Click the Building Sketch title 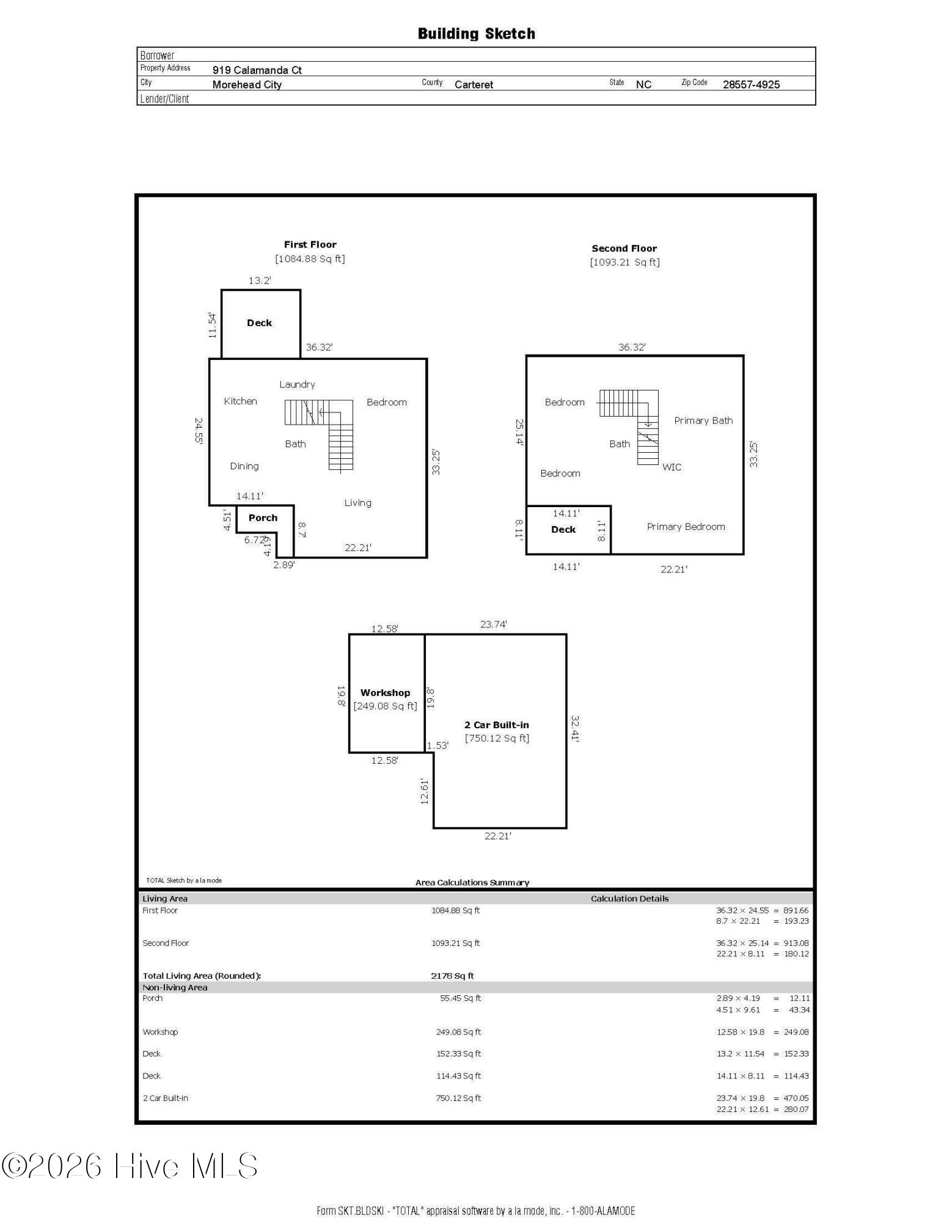(x=477, y=34)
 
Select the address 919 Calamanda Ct (x=257, y=70)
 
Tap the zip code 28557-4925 (x=751, y=85)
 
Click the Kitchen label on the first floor (x=240, y=401)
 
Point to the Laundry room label (x=298, y=384)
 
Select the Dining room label (x=244, y=466)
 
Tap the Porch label (x=263, y=518)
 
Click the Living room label (x=357, y=503)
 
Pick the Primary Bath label (x=703, y=420)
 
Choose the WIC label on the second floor (x=671, y=467)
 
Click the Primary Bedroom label (x=686, y=527)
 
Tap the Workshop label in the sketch (x=385, y=693)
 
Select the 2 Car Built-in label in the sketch (x=497, y=725)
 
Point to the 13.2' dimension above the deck (x=260, y=281)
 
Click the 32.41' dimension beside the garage (x=575, y=729)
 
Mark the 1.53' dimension (x=437, y=745)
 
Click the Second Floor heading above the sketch (x=624, y=249)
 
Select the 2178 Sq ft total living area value (x=452, y=976)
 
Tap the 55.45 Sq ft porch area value (x=461, y=998)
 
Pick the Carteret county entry (x=474, y=85)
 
